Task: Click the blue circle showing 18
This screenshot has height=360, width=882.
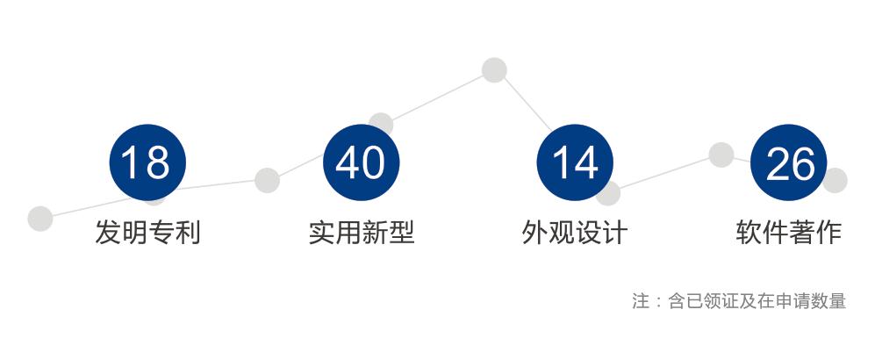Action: pyautogui.click(x=147, y=162)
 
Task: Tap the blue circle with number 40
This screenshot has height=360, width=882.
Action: pyautogui.click(x=361, y=162)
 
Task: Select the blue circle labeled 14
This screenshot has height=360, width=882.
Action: pyautogui.click(x=575, y=162)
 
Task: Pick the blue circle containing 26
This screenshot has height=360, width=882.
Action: pyautogui.click(x=789, y=162)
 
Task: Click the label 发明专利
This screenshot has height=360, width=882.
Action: pyautogui.click(x=147, y=233)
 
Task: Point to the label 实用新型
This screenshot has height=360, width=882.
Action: pyautogui.click(x=361, y=233)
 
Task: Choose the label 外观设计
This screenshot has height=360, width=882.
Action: pyautogui.click(x=575, y=233)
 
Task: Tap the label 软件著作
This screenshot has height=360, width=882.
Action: pyautogui.click(x=789, y=233)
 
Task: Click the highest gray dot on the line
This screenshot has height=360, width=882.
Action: pyautogui.click(x=494, y=70)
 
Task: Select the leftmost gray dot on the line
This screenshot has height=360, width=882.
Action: pyautogui.click(x=40, y=219)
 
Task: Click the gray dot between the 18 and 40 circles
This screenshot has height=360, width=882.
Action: pyautogui.click(x=267, y=180)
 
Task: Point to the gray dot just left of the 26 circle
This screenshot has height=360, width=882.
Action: pyautogui.click(x=721, y=155)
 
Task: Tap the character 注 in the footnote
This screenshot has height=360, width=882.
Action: pyautogui.click(x=641, y=301)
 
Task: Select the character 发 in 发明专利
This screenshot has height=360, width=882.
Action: pyautogui.click(x=108, y=233)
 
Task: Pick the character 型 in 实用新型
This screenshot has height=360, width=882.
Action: pyautogui.click(x=401, y=233)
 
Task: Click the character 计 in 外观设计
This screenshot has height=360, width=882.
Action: pyautogui.click(x=615, y=233)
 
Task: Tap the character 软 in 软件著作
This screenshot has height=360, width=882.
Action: pyautogui.click(x=749, y=233)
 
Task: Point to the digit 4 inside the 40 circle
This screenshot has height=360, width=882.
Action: pyautogui.click(x=348, y=162)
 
